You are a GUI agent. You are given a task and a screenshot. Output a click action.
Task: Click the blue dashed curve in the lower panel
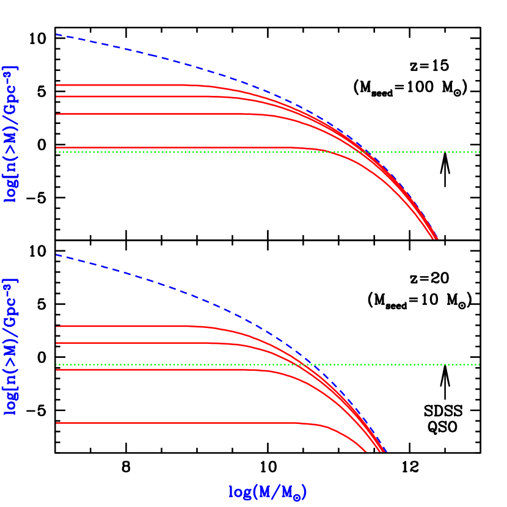[x=183, y=292]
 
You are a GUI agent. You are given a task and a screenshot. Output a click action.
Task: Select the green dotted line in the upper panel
[x=428, y=151]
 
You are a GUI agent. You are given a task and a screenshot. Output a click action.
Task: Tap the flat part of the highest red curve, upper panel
[x=122, y=85]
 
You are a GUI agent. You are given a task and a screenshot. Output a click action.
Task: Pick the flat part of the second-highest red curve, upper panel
[x=122, y=97]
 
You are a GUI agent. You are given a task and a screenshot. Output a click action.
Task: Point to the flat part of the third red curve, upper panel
[x=122, y=114]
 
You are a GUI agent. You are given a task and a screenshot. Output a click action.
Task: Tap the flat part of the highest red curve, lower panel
[x=122, y=326]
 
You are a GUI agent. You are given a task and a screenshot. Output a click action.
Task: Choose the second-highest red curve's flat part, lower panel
[x=122, y=343]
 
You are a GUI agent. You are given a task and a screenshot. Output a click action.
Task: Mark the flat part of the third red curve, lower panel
[x=122, y=370]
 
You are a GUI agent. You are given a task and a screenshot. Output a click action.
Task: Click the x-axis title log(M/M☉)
[x=267, y=492]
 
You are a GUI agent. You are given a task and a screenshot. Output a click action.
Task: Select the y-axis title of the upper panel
[x=11, y=134]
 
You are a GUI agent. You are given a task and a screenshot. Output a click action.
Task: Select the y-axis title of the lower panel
[x=11, y=347]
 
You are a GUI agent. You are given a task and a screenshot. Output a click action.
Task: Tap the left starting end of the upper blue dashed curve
[x=57, y=35]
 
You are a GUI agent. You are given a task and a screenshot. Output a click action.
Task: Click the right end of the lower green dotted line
[x=479, y=365]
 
